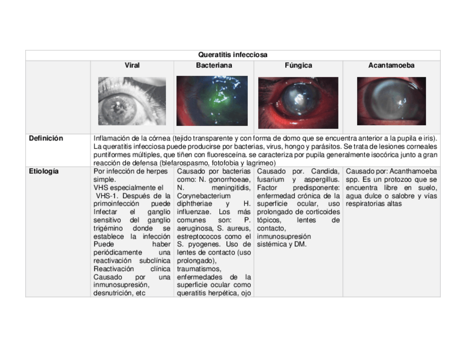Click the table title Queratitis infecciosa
pyautogui.click(x=232, y=55)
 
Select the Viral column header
pyautogui.click(x=132, y=65)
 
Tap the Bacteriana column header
pyautogui.click(x=214, y=65)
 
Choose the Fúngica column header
pyautogui.click(x=298, y=65)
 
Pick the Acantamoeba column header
pyautogui.click(x=391, y=65)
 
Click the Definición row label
pyautogui.click(x=46, y=139)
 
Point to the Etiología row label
pyautogui.click(x=44, y=171)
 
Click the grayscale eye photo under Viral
pyautogui.click(x=132, y=101)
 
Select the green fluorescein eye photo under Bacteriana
pyautogui.click(x=212, y=101)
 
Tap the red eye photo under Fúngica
pyautogui.click(x=298, y=102)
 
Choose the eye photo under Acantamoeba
pyautogui.click(x=391, y=101)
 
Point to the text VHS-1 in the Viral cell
pyautogui.click(x=107, y=196)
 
